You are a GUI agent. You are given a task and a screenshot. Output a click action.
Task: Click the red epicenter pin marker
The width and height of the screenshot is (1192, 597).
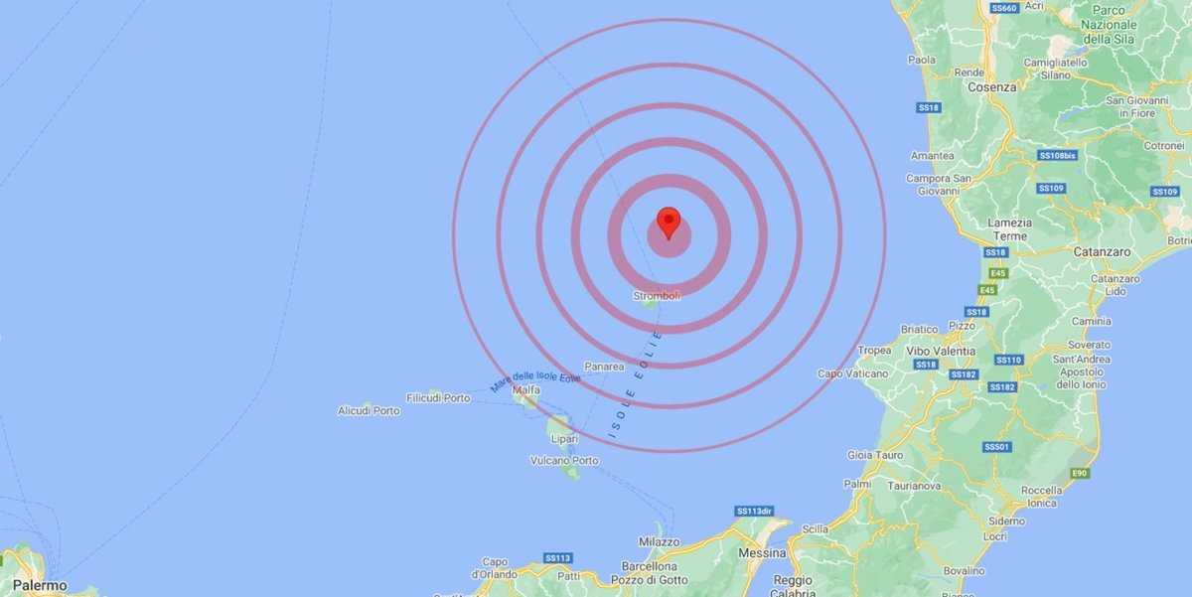click(x=669, y=221)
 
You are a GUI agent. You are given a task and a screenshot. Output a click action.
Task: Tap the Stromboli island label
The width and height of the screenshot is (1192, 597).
click(x=656, y=295)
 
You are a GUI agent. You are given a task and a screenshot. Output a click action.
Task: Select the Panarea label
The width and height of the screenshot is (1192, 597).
click(x=604, y=367)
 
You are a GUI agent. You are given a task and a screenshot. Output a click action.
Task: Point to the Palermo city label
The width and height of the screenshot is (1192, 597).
click(x=40, y=586)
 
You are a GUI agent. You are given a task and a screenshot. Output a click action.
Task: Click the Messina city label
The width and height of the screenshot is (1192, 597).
click(x=762, y=551)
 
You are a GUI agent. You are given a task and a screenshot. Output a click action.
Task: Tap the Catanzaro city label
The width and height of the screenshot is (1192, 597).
click(x=1102, y=252)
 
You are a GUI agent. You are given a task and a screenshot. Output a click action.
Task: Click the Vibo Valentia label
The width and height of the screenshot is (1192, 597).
click(x=941, y=351)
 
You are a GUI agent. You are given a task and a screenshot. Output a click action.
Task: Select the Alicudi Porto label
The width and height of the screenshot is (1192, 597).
click(x=369, y=410)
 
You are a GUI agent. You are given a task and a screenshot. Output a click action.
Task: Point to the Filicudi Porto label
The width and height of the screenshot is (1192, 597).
click(x=438, y=397)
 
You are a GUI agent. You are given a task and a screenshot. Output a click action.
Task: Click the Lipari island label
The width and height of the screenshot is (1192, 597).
click(x=564, y=438)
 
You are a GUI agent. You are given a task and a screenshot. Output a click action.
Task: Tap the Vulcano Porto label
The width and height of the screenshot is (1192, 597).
click(x=564, y=460)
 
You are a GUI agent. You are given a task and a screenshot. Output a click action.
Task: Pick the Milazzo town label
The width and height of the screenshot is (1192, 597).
click(x=660, y=542)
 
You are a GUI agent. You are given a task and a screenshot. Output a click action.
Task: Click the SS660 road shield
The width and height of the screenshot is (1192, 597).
click(x=1004, y=8)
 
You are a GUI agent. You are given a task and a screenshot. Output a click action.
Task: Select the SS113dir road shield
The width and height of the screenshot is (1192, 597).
click(x=754, y=511)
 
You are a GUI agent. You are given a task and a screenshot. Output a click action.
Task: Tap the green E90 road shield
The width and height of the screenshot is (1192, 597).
click(x=1079, y=473)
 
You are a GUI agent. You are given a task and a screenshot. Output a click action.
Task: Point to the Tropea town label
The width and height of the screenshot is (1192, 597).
click(x=874, y=350)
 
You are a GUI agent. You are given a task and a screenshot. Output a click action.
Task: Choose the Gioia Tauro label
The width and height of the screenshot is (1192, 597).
click(x=875, y=455)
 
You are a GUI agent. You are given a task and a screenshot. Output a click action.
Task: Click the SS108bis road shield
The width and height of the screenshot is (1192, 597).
click(x=1058, y=155)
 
